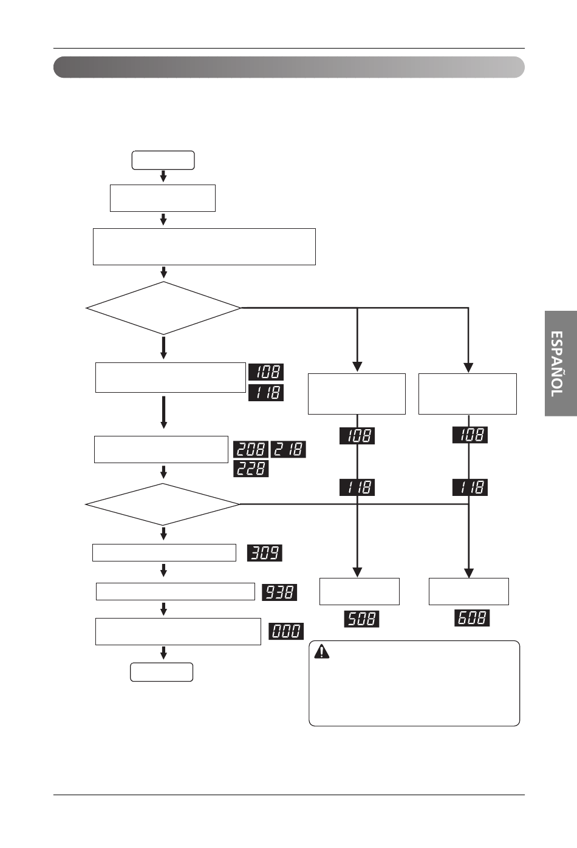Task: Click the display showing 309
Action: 264,553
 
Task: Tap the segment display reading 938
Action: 279,592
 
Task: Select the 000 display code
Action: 286,631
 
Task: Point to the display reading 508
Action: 361,619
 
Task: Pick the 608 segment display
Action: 472,618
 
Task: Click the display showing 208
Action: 251,449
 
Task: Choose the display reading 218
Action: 288,449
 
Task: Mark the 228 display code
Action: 251,469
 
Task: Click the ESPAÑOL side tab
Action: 561,364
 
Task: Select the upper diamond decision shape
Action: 163,308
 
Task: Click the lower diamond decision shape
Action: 163,504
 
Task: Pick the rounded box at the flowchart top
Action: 163,160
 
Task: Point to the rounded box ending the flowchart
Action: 162,672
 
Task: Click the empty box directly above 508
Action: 360,591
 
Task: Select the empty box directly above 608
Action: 469,591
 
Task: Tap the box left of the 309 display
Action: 164,553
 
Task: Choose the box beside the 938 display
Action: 176,592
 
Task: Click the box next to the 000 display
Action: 178,631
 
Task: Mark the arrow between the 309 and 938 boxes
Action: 163,570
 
